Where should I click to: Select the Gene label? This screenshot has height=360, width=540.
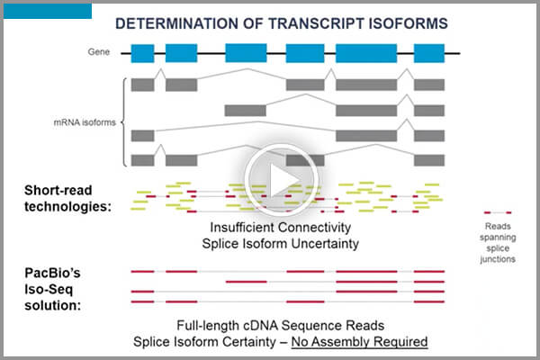[100, 52]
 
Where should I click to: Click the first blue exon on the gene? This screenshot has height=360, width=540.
[142, 52]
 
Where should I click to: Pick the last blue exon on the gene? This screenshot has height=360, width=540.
[427, 52]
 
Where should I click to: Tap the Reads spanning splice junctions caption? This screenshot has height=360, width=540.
[497, 242]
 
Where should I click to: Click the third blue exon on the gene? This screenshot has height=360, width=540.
[245, 52]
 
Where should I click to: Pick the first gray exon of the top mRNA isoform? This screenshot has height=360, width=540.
[142, 85]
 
